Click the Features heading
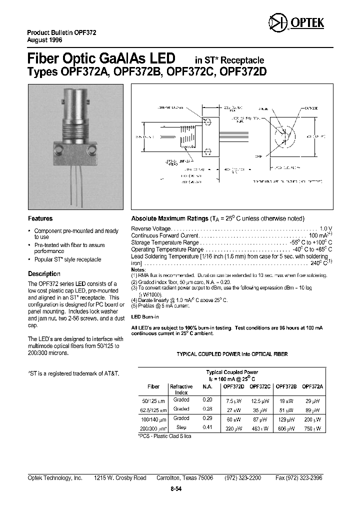40,218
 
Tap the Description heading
44,274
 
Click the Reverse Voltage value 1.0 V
326,228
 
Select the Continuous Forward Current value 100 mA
319,235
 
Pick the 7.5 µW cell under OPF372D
233,401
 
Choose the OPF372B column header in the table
286,386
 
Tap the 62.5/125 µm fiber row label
153,410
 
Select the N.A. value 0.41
207,428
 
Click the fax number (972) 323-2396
299,478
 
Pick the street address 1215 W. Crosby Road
120,478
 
